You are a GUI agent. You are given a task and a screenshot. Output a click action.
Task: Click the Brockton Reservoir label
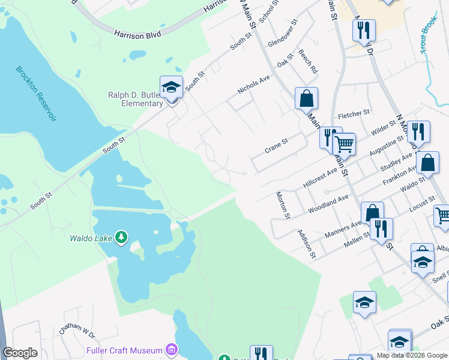[37, 94]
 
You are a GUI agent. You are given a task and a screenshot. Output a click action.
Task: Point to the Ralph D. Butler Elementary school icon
[171, 87]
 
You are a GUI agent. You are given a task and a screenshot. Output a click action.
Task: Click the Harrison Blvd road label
[137, 35]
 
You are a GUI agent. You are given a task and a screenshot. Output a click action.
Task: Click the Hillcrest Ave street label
[321, 179]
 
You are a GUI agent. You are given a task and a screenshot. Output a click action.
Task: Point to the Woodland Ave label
[328, 204]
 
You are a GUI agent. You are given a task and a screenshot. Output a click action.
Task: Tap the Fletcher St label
[354, 113]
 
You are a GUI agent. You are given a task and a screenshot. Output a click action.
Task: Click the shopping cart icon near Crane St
[344, 144]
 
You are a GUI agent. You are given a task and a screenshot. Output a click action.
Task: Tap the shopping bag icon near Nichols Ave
[306, 98]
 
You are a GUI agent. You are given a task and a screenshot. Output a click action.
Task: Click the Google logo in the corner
[20, 353]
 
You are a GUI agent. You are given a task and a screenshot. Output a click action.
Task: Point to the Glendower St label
[283, 34]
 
